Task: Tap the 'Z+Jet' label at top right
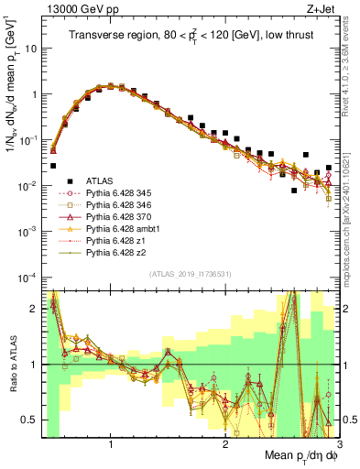point(322,7)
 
